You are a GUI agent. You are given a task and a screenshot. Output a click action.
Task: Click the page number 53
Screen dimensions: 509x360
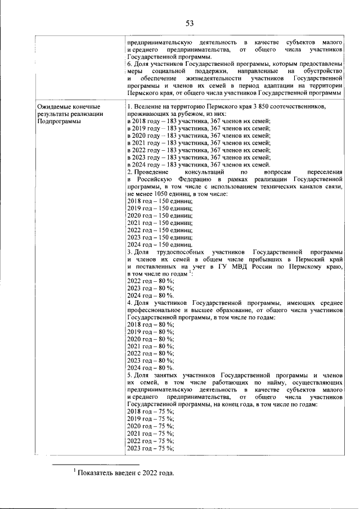click(x=190, y=23)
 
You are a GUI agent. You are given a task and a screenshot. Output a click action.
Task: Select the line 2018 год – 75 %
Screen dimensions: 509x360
click(x=151, y=412)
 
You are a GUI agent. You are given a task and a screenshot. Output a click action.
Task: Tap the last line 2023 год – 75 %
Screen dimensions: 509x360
click(x=151, y=449)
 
